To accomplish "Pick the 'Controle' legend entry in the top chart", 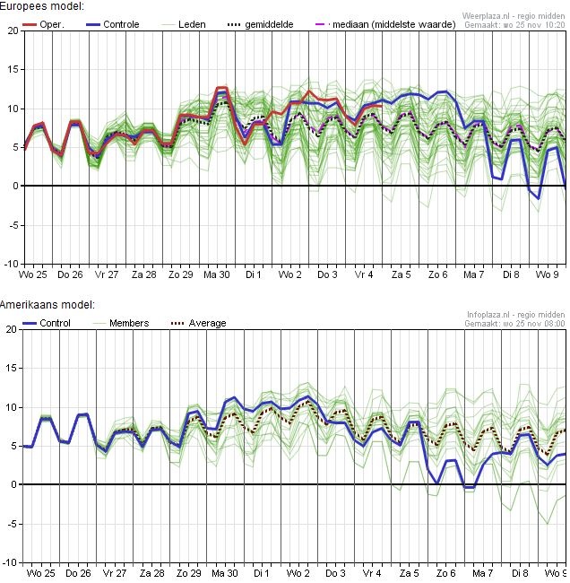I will pyautogui.click(x=121, y=24).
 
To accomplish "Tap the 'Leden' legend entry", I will pyautogui.click(x=191, y=24).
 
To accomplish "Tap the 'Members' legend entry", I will pyautogui.click(x=128, y=323).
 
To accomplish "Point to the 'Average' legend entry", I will pyautogui.click(x=207, y=323).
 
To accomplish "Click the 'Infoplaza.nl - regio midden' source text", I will pyautogui.click(x=516, y=315).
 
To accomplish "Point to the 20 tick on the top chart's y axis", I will pyautogui.click(x=12, y=30).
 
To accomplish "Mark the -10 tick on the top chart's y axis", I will pyautogui.click(x=10, y=264).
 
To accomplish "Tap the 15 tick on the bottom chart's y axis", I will pyautogui.click(x=12, y=369).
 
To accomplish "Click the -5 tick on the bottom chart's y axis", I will pyautogui.click(x=12, y=524).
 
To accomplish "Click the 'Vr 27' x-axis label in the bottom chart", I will pyautogui.click(x=114, y=572).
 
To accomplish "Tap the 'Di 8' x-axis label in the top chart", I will pyautogui.click(x=511, y=274).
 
